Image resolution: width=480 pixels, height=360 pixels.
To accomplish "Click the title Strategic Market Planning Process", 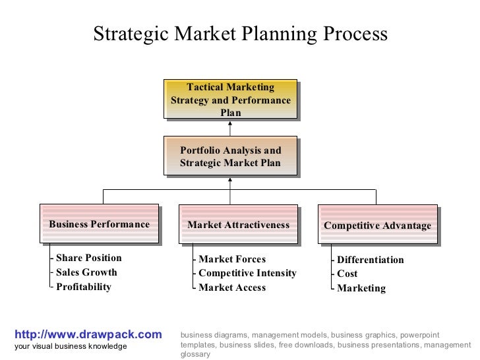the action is pyautogui.click(x=240, y=34).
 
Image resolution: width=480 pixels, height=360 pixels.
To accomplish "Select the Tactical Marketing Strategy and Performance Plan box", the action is pyautogui.click(x=230, y=100).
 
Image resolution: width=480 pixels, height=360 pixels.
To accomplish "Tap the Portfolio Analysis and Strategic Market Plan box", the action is pyautogui.click(x=230, y=157).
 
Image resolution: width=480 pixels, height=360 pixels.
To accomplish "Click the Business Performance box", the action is pyautogui.click(x=99, y=225).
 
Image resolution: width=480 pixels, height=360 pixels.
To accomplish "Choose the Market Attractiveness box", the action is pyautogui.click(x=238, y=225).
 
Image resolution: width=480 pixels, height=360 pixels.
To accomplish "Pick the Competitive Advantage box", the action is pyautogui.click(x=377, y=226).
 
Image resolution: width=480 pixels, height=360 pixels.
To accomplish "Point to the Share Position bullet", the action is pyautogui.click(x=88, y=258).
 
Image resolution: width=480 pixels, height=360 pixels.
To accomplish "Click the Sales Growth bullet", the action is pyautogui.click(x=86, y=272).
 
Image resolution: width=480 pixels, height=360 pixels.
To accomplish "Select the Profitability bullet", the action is pyautogui.click(x=84, y=287).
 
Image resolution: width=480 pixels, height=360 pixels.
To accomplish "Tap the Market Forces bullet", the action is pyautogui.click(x=231, y=259).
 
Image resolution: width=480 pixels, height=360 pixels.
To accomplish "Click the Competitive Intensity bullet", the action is pyautogui.click(x=247, y=273).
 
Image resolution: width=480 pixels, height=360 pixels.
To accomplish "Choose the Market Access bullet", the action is pyautogui.click(x=231, y=287).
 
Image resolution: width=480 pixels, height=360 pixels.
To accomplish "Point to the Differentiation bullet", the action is pyautogui.click(x=370, y=260).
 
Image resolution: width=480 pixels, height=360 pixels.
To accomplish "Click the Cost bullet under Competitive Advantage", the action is pyautogui.click(x=347, y=274).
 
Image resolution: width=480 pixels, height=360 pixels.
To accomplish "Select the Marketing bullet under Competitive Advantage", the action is pyautogui.click(x=361, y=288).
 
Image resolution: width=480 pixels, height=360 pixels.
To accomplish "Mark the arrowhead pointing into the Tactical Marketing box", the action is pyautogui.click(x=230, y=124).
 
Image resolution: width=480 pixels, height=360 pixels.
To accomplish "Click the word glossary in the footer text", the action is pyautogui.click(x=195, y=354).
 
